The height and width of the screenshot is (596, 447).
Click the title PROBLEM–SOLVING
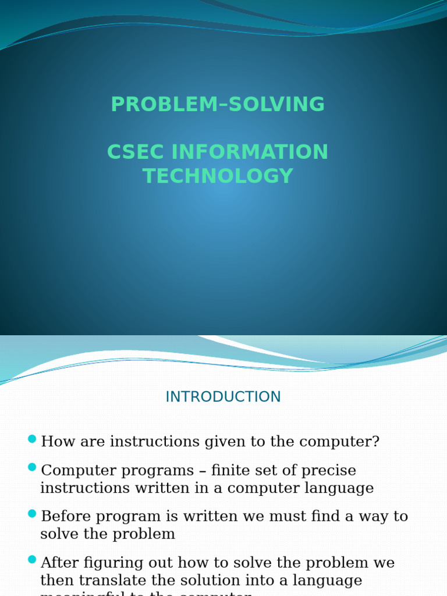[218, 105]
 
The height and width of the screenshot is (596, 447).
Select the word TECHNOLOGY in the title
[218, 176]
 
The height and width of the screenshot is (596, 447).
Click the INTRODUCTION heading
[223, 397]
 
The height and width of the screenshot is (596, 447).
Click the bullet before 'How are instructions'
[32, 439]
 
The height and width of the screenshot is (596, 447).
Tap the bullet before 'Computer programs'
[32, 467]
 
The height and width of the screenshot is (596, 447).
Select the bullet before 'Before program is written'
[32, 513]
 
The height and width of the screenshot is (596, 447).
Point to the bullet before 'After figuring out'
[32, 560]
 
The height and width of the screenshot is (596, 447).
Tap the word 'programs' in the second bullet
[164, 470]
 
